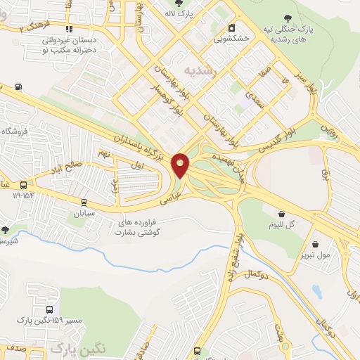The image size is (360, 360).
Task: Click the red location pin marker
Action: tap(181, 165)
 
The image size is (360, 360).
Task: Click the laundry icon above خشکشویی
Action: tap(230, 28)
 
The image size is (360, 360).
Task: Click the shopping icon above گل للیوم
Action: tap(282, 214)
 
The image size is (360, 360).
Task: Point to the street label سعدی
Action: tap(253, 100)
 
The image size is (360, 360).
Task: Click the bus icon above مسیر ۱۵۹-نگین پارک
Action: tap(49, 309)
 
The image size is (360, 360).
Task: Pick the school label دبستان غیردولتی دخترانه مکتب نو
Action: tap(69, 46)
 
